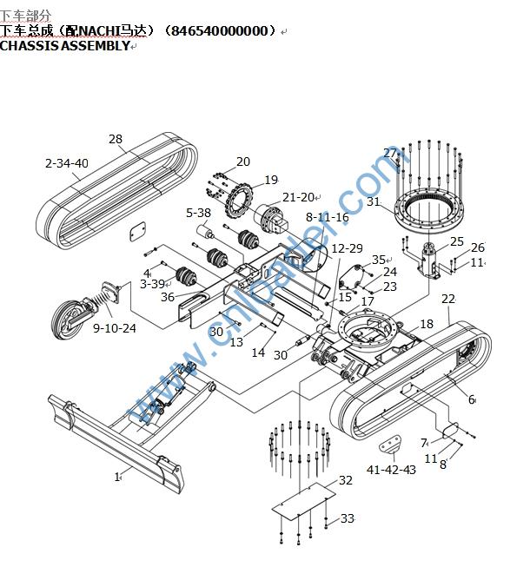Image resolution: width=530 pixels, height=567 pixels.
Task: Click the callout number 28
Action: click(116, 139)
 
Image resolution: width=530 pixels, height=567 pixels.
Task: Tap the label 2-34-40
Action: click(67, 163)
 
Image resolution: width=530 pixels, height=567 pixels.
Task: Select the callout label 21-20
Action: click(297, 197)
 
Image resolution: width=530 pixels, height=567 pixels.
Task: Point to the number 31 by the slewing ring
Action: click(374, 202)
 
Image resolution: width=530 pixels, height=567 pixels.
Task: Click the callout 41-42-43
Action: click(391, 470)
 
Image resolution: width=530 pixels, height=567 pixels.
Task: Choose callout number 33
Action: click(348, 518)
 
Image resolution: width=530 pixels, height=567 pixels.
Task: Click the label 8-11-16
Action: click(327, 217)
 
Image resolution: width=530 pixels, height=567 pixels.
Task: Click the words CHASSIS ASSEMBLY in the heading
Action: click(64, 45)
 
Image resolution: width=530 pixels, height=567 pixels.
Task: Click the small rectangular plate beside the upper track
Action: click(136, 231)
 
